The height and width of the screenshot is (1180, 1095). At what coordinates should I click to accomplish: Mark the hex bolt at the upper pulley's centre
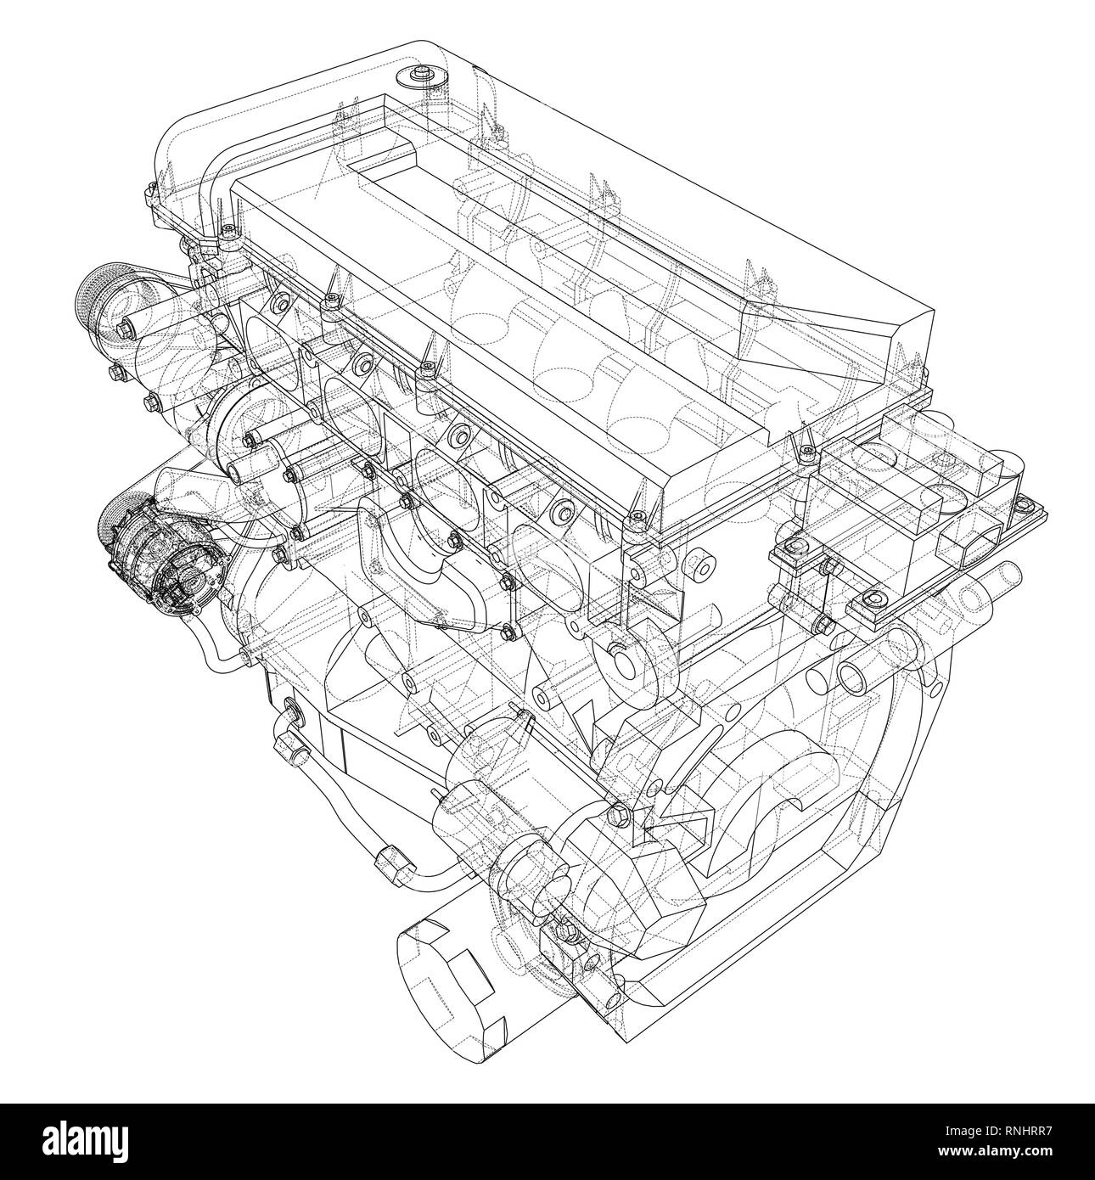click(x=127, y=326)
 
